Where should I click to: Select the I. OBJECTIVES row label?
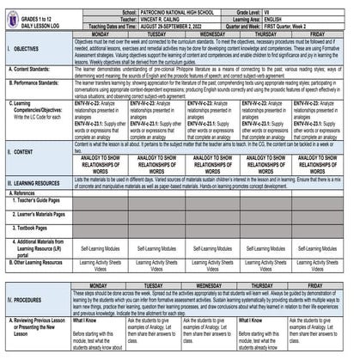coord(24,50)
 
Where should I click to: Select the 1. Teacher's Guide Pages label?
coord(40,200)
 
